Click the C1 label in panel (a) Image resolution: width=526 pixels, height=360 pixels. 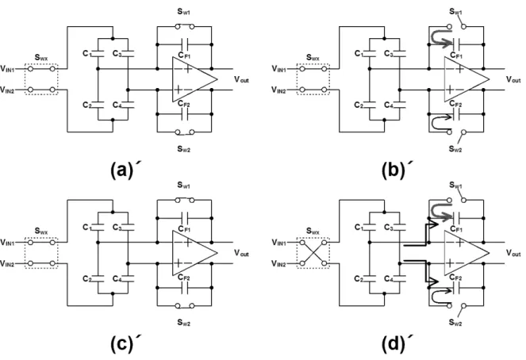coord(87,54)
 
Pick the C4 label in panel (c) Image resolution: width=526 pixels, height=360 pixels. coord(117,279)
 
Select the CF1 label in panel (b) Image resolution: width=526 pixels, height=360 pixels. coord(456,56)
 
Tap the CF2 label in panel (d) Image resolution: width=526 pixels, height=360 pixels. coord(456,278)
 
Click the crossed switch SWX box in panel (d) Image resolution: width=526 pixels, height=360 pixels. coord(313,253)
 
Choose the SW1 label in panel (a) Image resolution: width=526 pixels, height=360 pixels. coord(183,12)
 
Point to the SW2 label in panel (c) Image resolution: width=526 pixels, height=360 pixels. coord(184,323)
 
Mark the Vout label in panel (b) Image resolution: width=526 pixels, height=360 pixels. coord(513,79)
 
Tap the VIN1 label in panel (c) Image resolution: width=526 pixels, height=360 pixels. coord(7,242)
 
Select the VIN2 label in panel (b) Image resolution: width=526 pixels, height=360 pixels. coord(278,90)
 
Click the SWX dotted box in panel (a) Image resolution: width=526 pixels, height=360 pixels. coord(41,79)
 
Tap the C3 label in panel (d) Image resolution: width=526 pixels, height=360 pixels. coord(389,228)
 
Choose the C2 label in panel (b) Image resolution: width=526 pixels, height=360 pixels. coord(359,105)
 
